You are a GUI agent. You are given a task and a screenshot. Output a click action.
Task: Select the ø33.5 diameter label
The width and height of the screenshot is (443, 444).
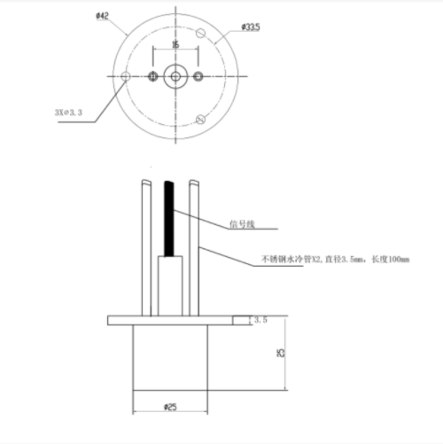[x=251, y=27]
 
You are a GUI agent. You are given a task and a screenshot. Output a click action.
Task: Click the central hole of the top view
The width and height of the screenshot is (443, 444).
[x=175, y=77]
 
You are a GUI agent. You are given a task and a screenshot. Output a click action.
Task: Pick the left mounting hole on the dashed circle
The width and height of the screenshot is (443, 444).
[x=127, y=77]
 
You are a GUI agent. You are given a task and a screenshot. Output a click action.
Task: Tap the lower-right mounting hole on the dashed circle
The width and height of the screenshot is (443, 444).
[x=200, y=120]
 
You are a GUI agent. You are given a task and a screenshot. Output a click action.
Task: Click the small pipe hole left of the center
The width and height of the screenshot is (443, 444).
[x=154, y=77]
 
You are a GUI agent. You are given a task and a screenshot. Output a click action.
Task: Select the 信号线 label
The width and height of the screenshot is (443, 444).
[x=242, y=223]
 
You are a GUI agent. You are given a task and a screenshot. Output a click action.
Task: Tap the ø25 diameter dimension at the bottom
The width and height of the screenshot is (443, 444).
[x=171, y=407]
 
